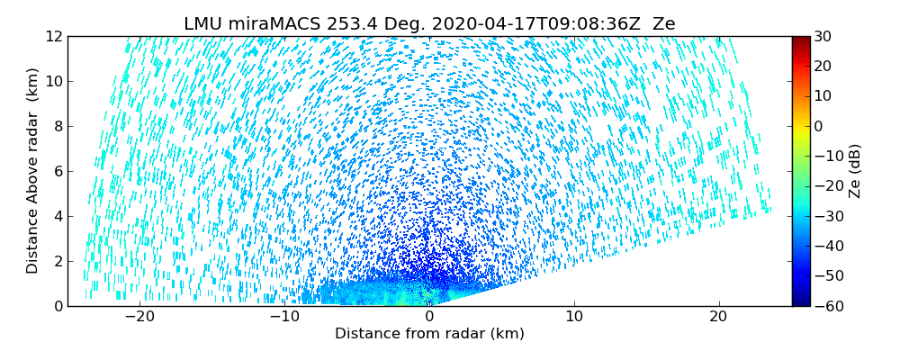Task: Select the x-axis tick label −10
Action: (x=283, y=317)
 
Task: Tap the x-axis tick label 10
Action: (x=574, y=317)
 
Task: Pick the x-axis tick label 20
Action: (x=718, y=317)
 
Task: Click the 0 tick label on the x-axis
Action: (x=429, y=317)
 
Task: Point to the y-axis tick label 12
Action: (x=52, y=37)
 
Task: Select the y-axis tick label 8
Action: (x=56, y=127)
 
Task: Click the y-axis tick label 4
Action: (x=56, y=216)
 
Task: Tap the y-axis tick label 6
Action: (x=56, y=171)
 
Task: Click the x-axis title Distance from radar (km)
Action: (x=429, y=334)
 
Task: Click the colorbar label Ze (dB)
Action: (x=854, y=170)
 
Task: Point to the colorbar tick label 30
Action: (x=823, y=37)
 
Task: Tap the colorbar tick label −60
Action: (x=826, y=306)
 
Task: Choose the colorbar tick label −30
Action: (x=826, y=216)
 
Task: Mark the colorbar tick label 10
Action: (x=823, y=96)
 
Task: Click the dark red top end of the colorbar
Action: (x=800, y=40)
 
